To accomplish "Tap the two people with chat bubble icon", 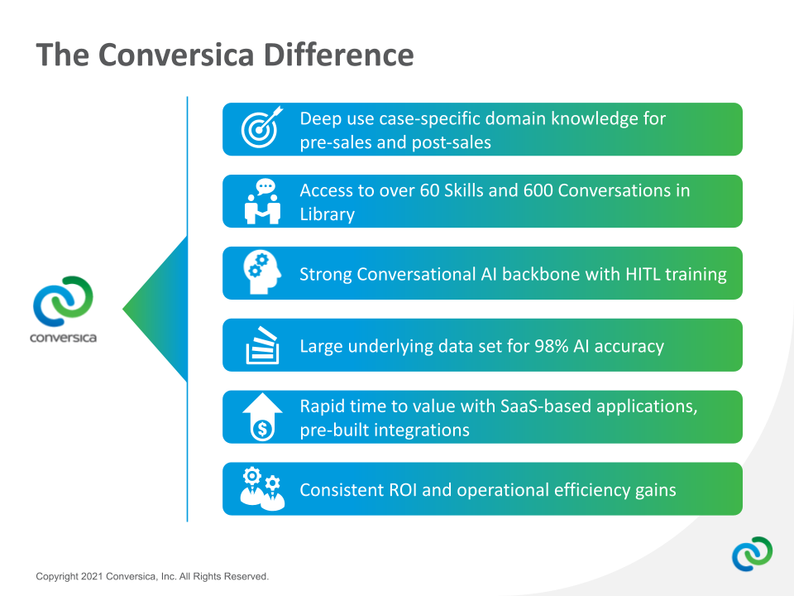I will click(262, 201).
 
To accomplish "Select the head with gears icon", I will click(261, 272).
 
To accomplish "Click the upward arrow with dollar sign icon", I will click(261, 416).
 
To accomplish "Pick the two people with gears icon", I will click(261, 488).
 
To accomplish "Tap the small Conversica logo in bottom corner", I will click(752, 554).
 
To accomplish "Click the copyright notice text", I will click(152, 576).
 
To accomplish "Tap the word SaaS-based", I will click(542, 406).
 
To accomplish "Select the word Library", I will click(327, 214).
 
